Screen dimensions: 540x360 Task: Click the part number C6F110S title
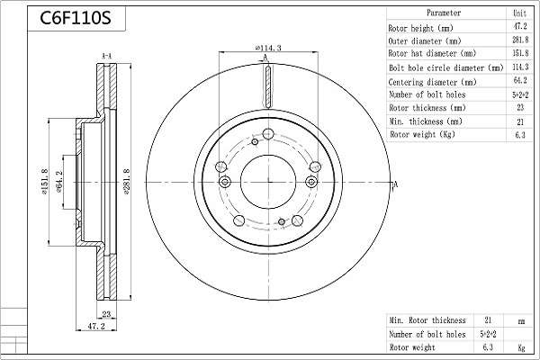pyautogui.click(x=76, y=18)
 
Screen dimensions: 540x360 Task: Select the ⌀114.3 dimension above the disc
pyautogui.click(x=268, y=48)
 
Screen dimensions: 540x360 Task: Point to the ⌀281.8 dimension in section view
pyautogui.click(x=127, y=182)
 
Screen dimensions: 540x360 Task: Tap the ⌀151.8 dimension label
pyautogui.click(x=45, y=182)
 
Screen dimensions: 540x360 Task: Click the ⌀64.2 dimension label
pyautogui.click(x=58, y=182)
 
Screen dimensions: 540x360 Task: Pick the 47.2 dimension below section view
pyautogui.click(x=96, y=326)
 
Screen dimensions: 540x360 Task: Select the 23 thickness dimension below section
pyautogui.click(x=106, y=314)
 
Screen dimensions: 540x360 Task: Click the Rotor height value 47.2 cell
pyautogui.click(x=520, y=26)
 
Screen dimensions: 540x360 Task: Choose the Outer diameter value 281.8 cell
pyautogui.click(x=520, y=40)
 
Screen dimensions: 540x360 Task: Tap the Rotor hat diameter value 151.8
pyautogui.click(x=520, y=53)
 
